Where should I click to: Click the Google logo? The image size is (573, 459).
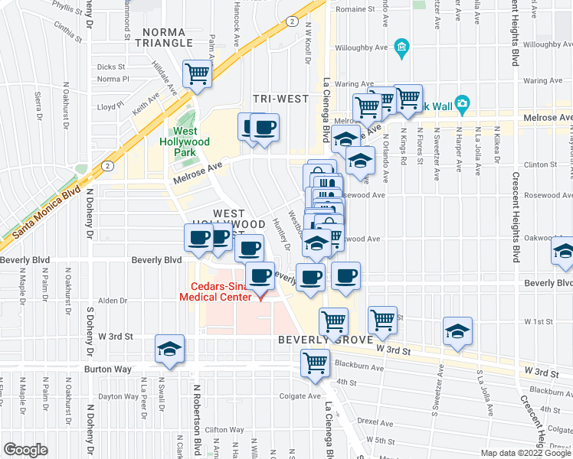tap(26, 450)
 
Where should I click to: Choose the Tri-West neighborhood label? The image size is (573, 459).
tap(281, 99)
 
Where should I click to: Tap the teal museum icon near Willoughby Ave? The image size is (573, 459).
tap(401, 50)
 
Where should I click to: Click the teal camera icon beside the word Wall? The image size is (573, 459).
tap(461, 103)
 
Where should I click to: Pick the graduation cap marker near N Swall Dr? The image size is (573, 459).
tap(169, 349)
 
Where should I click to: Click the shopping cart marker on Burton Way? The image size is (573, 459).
tap(315, 363)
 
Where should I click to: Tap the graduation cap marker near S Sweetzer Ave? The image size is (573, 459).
tap(457, 331)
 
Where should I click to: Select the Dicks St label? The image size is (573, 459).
tap(111, 67)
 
